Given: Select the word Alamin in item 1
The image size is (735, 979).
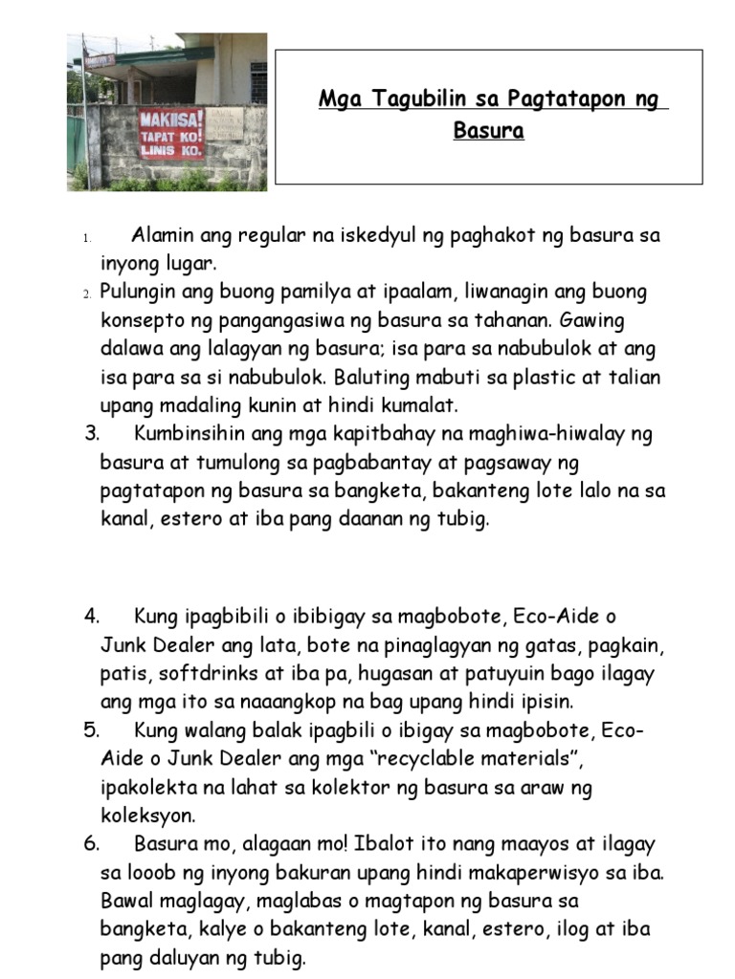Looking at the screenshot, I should point(162,235).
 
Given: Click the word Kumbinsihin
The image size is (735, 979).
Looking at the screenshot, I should point(195,434).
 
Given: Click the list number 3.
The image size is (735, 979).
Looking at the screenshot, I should point(92,434).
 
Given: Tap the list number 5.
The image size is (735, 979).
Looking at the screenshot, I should point(92,731).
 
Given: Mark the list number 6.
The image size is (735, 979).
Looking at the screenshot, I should point(92,845).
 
